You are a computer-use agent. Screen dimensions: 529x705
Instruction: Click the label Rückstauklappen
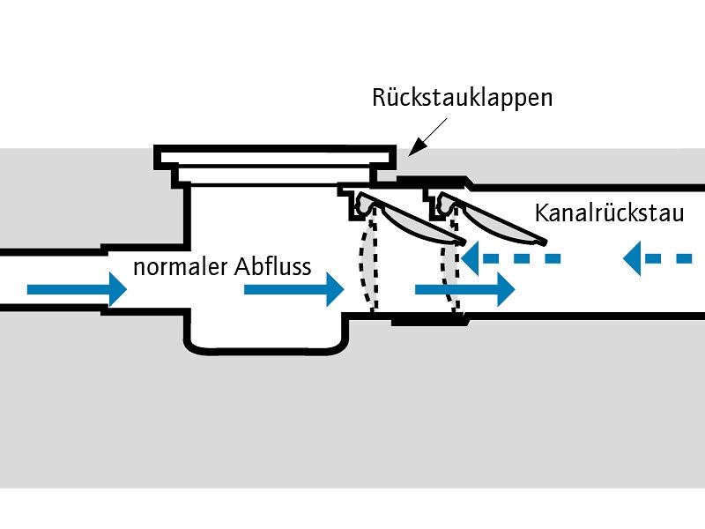pos(462,97)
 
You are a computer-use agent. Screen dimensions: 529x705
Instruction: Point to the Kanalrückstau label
pos(609,214)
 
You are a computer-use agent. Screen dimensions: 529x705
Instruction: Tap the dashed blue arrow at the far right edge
pos(657,258)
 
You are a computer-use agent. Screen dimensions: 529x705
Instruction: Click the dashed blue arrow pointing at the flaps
pos(511,258)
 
